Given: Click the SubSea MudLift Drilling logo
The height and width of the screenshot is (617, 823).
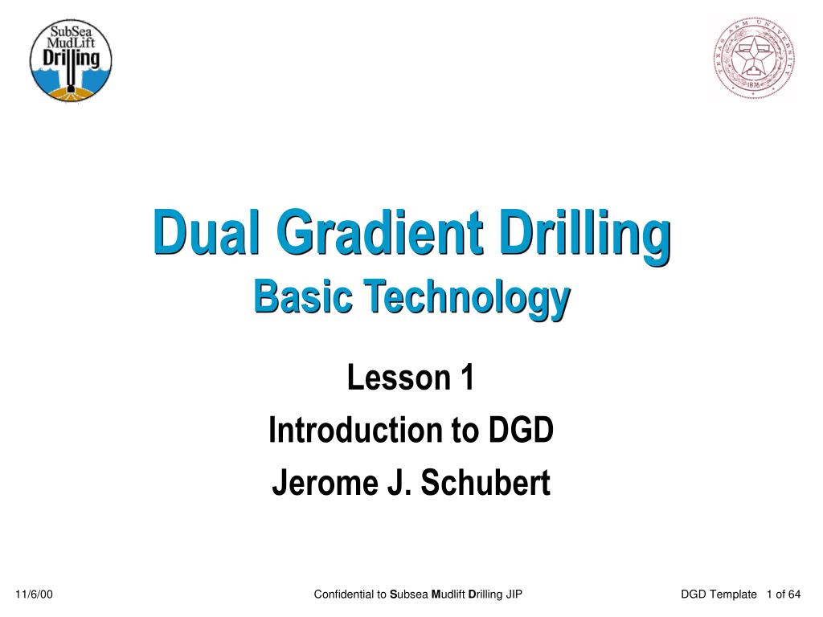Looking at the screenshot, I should point(71,61).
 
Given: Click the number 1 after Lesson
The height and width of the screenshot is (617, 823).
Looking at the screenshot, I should point(467,378).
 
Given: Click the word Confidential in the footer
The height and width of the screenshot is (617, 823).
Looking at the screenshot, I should point(344,595).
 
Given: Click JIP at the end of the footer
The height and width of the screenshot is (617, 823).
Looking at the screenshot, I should point(514,595).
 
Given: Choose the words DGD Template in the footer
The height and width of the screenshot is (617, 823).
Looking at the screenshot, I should point(719,595).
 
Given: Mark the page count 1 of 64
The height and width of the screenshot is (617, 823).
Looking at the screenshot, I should point(784,595).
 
